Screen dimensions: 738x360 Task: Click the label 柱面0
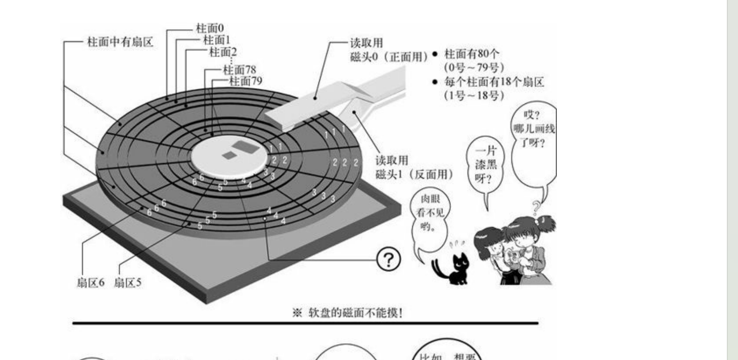click(x=210, y=28)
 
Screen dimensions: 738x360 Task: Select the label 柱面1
click(x=217, y=40)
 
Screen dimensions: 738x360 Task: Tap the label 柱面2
click(x=223, y=52)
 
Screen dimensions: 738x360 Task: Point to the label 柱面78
click(x=239, y=70)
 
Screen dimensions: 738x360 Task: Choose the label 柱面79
click(x=245, y=81)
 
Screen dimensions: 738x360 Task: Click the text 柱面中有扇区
click(x=120, y=42)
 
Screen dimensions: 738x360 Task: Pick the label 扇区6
click(x=90, y=283)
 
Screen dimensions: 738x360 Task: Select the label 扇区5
click(x=128, y=283)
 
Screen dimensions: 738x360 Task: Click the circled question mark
click(x=388, y=259)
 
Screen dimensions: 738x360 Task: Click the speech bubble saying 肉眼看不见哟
click(x=429, y=214)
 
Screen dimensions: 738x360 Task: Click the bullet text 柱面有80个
click(x=471, y=54)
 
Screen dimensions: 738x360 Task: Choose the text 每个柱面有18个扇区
click(x=493, y=82)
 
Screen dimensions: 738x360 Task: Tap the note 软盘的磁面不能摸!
click(x=348, y=313)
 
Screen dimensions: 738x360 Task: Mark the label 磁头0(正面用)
click(x=389, y=57)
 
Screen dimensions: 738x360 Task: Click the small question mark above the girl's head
click(x=536, y=207)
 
